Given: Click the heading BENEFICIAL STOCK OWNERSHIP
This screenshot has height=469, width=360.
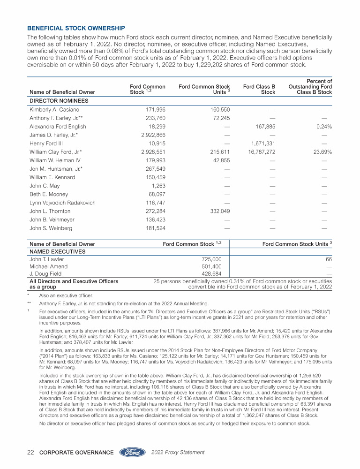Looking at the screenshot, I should click(x=76, y=28).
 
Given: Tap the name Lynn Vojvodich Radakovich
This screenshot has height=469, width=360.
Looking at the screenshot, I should click(x=62, y=203).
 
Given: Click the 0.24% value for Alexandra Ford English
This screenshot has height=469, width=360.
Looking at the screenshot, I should click(x=323, y=127).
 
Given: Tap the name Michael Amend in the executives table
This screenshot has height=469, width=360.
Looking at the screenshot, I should click(x=47, y=266).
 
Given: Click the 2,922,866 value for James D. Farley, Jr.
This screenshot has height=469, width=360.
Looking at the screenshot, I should click(x=152, y=135).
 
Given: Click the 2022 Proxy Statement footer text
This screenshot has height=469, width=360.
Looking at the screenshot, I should click(x=179, y=453).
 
